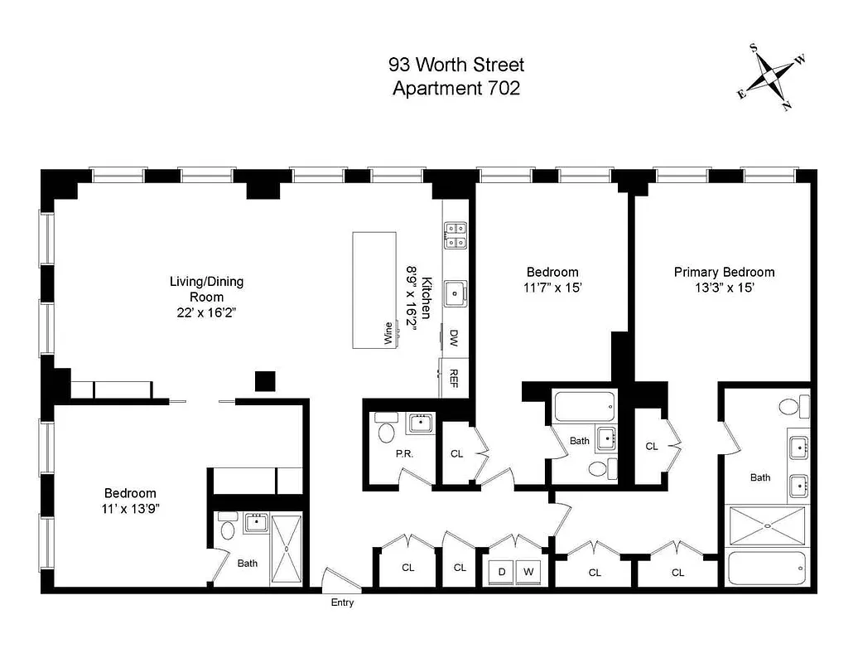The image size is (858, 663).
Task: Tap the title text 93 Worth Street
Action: [456, 65]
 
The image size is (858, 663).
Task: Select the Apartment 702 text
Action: [456, 88]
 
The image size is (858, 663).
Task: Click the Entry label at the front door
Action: [342, 603]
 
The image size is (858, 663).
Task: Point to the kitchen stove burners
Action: [455, 235]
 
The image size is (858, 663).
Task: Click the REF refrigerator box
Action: [454, 378]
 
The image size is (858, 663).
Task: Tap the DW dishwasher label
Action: [454, 337]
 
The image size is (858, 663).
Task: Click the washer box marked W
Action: [528, 572]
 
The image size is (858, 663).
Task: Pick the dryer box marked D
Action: [502, 572]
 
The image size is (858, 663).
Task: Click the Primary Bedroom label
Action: [724, 272]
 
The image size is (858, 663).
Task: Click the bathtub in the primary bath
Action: [766, 569]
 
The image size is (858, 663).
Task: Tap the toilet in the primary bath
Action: [790, 407]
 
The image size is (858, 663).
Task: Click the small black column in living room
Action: [264, 380]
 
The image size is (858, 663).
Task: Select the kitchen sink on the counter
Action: [455, 293]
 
